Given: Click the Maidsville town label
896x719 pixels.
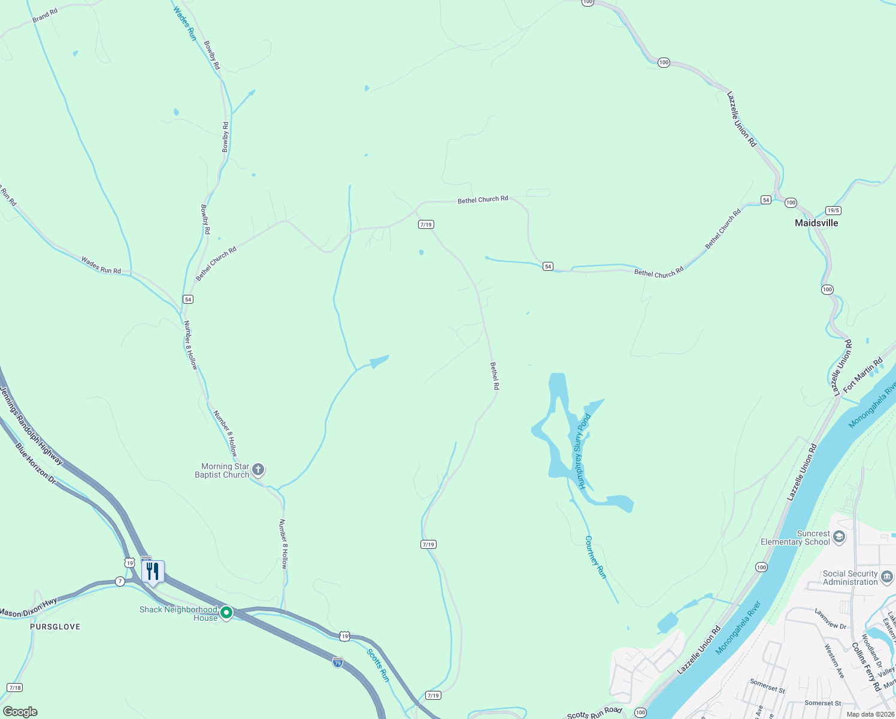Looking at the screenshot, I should click(x=816, y=223).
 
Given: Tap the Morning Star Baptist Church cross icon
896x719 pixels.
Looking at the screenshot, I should click(x=258, y=470).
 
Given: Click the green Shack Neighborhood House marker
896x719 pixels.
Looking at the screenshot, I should click(x=226, y=612).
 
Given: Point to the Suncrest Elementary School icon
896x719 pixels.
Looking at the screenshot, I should click(x=839, y=536).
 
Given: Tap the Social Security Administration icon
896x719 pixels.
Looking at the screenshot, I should click(x=887, y=577).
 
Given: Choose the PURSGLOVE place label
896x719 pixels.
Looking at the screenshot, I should click(x=55, y=627).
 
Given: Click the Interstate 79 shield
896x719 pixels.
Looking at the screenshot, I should click(x=338, y=662).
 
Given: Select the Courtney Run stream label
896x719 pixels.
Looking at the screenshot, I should click(x=595, y=558).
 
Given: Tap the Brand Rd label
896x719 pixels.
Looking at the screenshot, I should click(x=45, y=16).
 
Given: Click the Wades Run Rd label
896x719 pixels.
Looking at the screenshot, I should click(x=101, y=265).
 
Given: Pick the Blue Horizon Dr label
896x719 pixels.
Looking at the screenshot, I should click(x=35, y=464).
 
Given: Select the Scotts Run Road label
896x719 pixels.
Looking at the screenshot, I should click(x=594, y=712).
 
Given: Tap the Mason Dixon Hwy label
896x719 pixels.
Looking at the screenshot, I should click(x=28, y=609).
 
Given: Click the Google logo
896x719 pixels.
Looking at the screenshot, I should click(x=20, y=712).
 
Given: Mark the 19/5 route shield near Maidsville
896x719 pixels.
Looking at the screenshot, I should click(x=833, y=210).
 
